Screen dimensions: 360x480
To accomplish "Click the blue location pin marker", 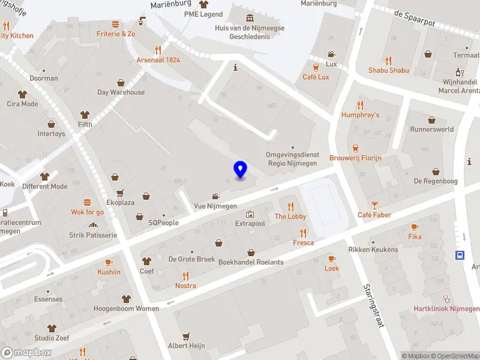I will coord(240,170).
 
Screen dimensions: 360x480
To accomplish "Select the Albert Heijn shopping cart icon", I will coord(187,336).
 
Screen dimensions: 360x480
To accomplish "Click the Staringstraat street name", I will coord(373,305).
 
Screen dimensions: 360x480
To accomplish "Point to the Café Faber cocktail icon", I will coord(374,205).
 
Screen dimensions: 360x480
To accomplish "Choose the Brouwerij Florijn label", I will coord(355,158).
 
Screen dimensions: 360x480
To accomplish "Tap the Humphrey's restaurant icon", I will coord(361,105).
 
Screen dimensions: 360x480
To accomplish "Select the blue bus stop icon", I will coord(460,254).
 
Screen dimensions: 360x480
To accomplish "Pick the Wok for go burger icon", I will coord(88,202).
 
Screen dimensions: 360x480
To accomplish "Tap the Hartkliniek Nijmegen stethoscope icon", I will coord(446,299).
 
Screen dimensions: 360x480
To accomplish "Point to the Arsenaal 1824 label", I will coord(158,60).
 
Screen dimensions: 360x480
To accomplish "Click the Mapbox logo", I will coord(26,353).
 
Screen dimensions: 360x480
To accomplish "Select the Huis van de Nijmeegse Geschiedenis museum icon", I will coord(250,18).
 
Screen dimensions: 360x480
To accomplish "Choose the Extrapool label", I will coord(250,223).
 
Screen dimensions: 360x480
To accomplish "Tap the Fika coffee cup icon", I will coord(415,227).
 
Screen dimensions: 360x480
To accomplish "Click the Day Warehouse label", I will coord(121,92).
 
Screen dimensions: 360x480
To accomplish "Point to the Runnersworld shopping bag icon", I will coord(431,119).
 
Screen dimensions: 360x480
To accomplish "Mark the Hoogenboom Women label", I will coord(127,308).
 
